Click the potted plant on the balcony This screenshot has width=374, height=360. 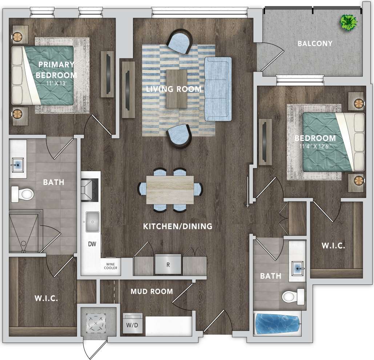[x=348, y=23]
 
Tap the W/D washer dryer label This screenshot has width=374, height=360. [x=132, y=324]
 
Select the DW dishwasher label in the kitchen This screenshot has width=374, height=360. [x=92, y=244]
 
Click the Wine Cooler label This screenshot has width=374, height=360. [x=111, y=266]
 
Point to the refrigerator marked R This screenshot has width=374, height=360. [x=168, y=265]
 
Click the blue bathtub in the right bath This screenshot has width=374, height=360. [x=277, y=324]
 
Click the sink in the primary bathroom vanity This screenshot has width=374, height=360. [x=17, y=165]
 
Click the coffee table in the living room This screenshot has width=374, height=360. [x=177, y=89]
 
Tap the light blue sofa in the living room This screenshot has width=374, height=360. [x=218, y=89]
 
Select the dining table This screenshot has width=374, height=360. [x=170, y=190]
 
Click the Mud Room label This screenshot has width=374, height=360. [x=152, y=291]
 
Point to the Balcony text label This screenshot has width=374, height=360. [x=315, y=44]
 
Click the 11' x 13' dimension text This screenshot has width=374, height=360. [x=57, y=83]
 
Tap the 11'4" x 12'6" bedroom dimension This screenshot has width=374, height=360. [x=315, y=147]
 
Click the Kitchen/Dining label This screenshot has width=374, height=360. [x=177, y=226]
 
